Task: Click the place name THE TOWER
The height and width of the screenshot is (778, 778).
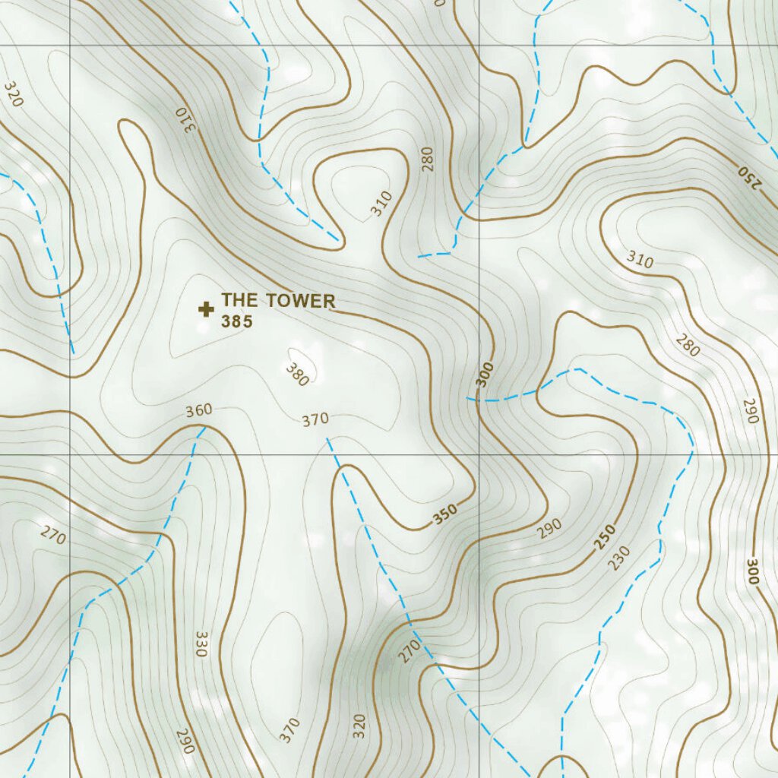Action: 278,301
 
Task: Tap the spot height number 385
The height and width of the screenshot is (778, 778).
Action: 236,321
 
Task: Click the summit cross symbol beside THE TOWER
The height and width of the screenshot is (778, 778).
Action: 205,308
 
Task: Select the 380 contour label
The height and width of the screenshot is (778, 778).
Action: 297,374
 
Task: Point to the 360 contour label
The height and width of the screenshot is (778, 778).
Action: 199,411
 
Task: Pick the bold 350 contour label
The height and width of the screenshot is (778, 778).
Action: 446,514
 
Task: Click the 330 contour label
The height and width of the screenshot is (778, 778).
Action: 201,643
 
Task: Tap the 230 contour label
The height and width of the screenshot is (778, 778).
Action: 620,559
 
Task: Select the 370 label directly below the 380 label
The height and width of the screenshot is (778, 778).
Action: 315,419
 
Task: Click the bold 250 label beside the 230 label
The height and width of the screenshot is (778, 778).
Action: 605,537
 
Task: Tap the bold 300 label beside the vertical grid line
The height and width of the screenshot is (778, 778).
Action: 485,375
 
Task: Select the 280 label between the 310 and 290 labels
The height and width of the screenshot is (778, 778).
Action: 688,346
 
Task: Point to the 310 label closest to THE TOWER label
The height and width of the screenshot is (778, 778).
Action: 382,204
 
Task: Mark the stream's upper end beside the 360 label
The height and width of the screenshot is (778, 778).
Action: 204,428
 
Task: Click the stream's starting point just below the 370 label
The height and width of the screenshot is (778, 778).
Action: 327,438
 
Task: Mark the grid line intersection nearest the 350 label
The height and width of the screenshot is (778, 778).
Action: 479,455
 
